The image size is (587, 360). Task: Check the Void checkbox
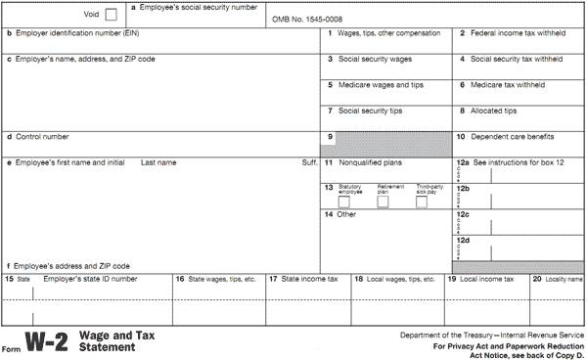pos(110,15)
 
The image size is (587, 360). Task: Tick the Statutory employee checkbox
pos(344,202)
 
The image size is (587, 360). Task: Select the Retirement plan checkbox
pos(384,202)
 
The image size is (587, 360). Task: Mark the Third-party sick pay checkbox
pos(422,202)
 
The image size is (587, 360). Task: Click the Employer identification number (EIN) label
pos(65,33)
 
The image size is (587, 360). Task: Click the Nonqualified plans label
pos(371,161)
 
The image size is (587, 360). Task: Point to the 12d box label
pos(463,240)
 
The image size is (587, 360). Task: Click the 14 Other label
pos(340,213)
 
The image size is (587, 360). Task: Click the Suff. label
pos(309,161)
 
